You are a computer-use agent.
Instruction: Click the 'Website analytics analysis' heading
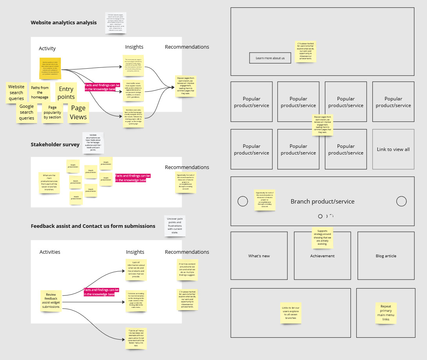point(64,22)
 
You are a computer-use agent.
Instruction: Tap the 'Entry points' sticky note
point(66,93)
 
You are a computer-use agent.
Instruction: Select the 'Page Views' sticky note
point(78,112)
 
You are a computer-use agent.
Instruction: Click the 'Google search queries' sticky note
point(27,112)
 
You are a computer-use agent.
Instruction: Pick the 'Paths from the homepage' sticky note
point(40,92)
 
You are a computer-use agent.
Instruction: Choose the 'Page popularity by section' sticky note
point(52,112)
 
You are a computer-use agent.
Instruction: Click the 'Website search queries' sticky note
point(16,92)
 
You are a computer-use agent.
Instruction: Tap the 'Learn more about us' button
point(270,58)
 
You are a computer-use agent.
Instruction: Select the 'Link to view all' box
point(393,149)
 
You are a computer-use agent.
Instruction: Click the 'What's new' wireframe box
point(259,256)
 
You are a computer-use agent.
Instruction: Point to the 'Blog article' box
point(386,256)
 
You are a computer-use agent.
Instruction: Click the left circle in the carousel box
point(243,201)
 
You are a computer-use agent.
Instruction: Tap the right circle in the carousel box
point(401,201)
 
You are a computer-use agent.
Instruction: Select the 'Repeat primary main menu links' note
point(386,313)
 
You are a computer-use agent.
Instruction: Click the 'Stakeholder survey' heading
point(55,144)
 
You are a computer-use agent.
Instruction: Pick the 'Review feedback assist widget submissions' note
point(51,301)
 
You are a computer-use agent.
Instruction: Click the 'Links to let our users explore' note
point(291,313)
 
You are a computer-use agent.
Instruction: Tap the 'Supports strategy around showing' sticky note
point(322,238)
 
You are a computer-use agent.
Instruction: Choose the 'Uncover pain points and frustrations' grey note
point(175,225)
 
